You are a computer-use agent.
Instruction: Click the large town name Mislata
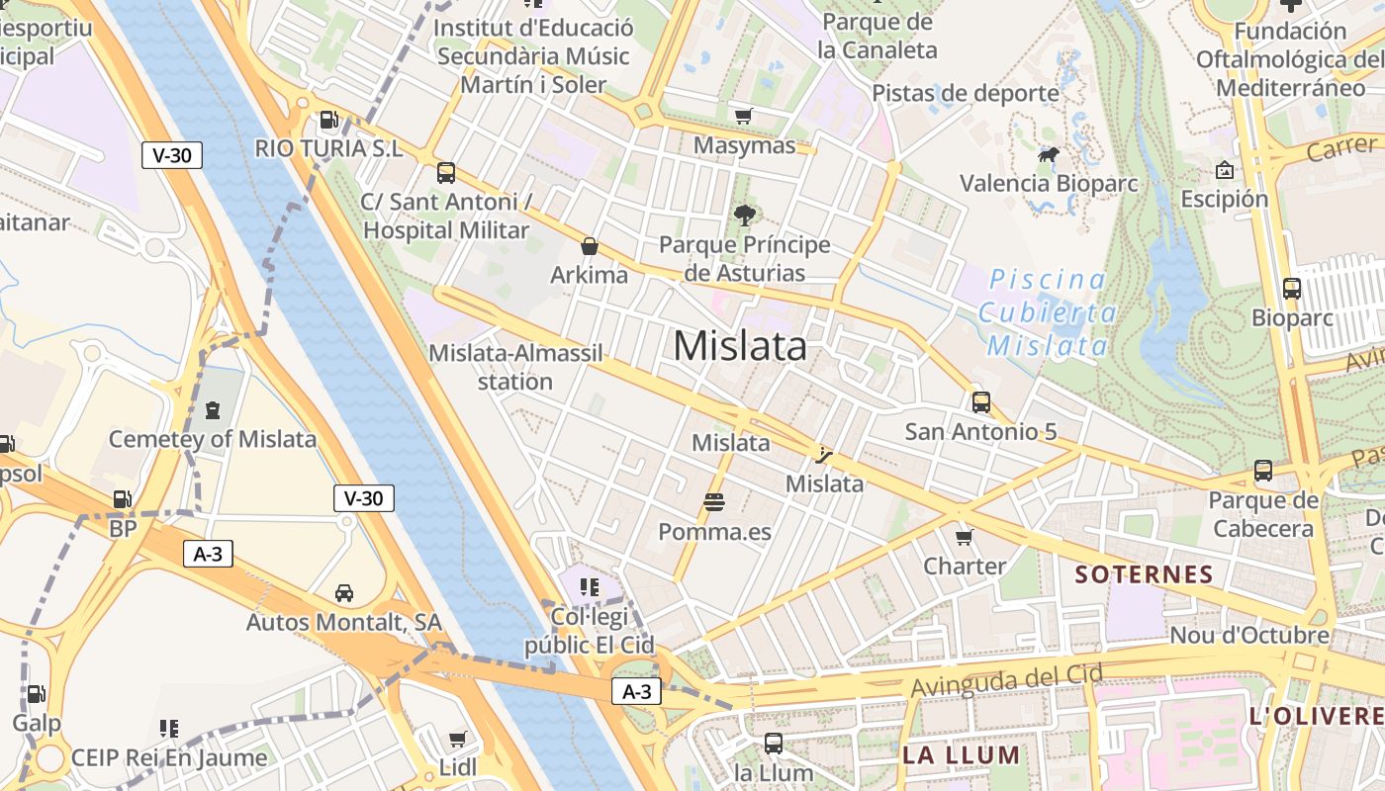[x=740, y=346]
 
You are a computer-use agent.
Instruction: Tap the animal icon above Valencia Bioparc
[x=1049, y=155]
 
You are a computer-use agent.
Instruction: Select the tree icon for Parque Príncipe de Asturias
[x=745, y=215]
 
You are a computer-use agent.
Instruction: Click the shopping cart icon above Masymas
[x=744, y=116]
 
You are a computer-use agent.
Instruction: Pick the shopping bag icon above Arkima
[x=590, y=246]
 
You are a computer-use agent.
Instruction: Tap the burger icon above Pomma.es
[x=714, y=502]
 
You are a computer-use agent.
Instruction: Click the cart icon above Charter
[x=965, y=537]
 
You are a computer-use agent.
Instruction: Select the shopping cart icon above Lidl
[x=457, y=739]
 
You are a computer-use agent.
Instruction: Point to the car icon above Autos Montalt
[x=344, y=593]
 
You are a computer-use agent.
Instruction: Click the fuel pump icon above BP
[x=123, y=500]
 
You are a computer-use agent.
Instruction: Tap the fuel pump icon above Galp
[x=36, y=694]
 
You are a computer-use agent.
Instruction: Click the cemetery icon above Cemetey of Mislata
[x=212, y=409]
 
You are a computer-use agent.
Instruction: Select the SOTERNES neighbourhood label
[x=1144, y=574]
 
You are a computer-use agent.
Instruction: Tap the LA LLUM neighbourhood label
[x=961, y=755]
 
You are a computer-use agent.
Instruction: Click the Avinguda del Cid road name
[x=1007, y=680]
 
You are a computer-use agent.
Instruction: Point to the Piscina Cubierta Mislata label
[x=1049, y=312]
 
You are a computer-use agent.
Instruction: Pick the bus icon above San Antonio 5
[x=980, y=402]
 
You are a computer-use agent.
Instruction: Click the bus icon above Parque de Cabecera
[x=1263, y=471]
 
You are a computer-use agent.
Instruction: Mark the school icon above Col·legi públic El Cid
[x=590, y=587]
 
